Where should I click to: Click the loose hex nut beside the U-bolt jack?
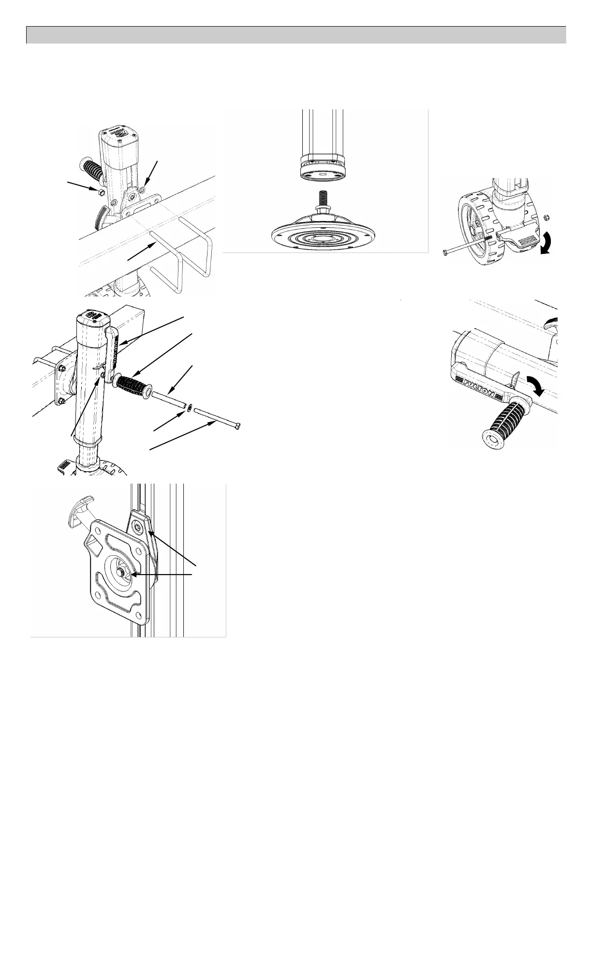[99, 192]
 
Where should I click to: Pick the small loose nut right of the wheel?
[546, 216]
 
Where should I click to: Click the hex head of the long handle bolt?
[237, 426]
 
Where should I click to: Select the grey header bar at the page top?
[296, 35]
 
